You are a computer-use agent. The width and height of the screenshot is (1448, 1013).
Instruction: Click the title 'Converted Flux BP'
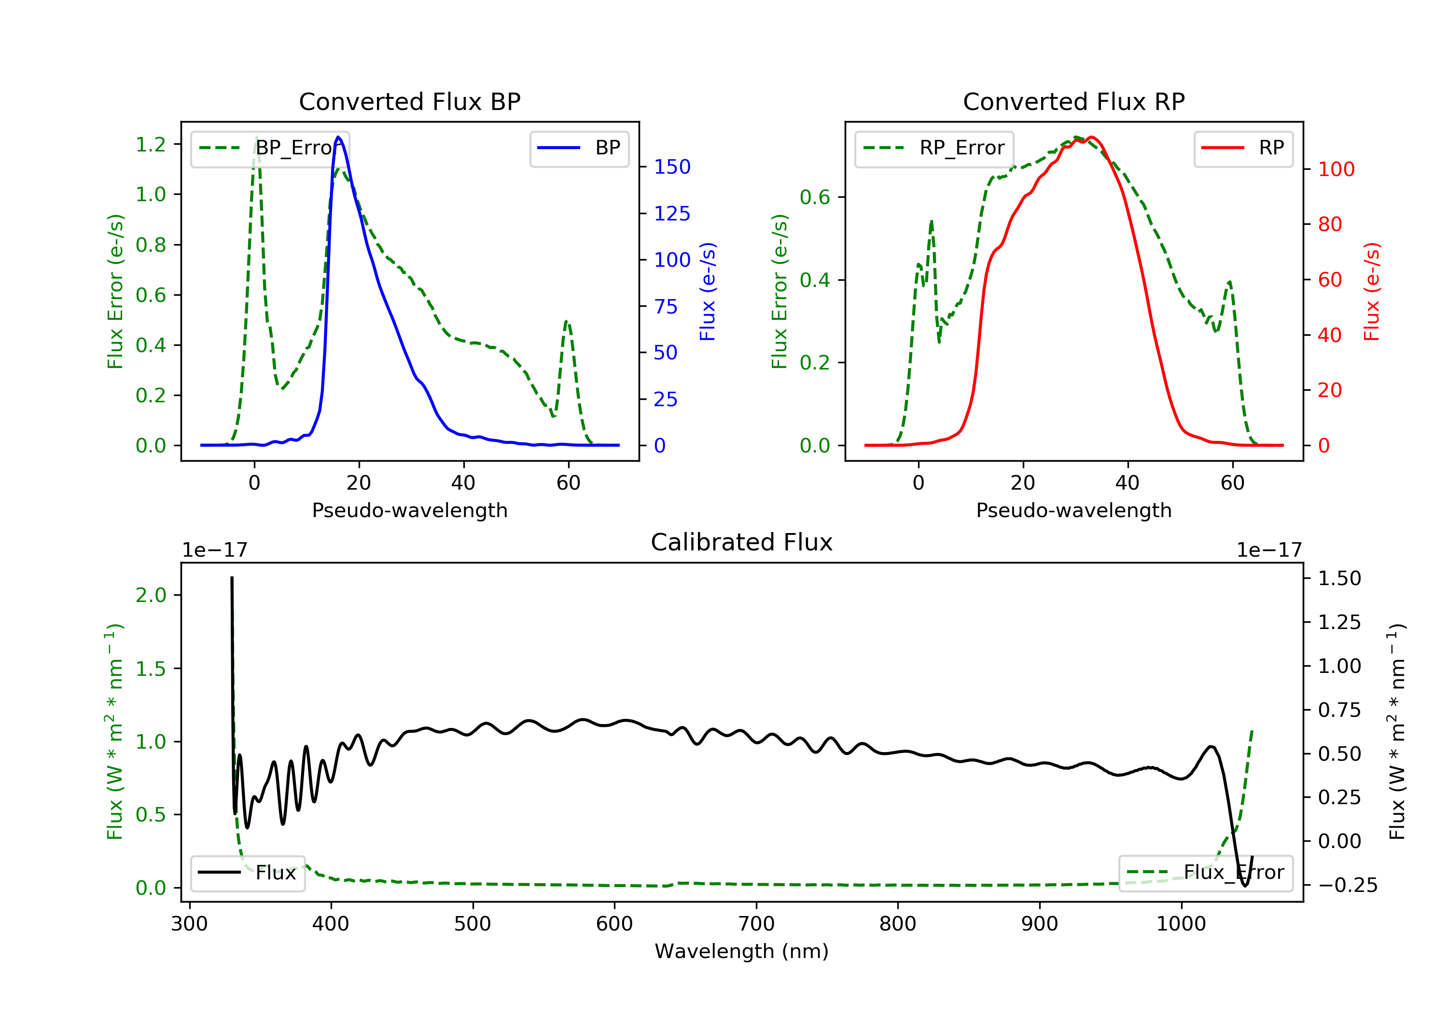pyautogui.click(x=409, y=101)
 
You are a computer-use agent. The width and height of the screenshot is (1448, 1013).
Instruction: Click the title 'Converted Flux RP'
pyautogui.click(x=1073, y=101)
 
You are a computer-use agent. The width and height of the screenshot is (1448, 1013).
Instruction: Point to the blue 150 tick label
pyautogui.click(x=672, y=167)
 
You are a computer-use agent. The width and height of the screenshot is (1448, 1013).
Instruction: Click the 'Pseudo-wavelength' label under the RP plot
pyautogui.click(x=1073, y=510)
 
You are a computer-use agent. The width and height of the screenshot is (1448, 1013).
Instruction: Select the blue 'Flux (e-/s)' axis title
pyautogui.click(x=708, y=291)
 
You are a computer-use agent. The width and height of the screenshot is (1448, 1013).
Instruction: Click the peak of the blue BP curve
pyautogui.click(x=339, y=137)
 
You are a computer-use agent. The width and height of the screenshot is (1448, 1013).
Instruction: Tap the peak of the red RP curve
pyautogui.click(x=1091, y=137)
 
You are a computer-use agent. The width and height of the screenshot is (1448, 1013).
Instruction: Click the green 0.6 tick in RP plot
pyautogui.click(x=815, y=197)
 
